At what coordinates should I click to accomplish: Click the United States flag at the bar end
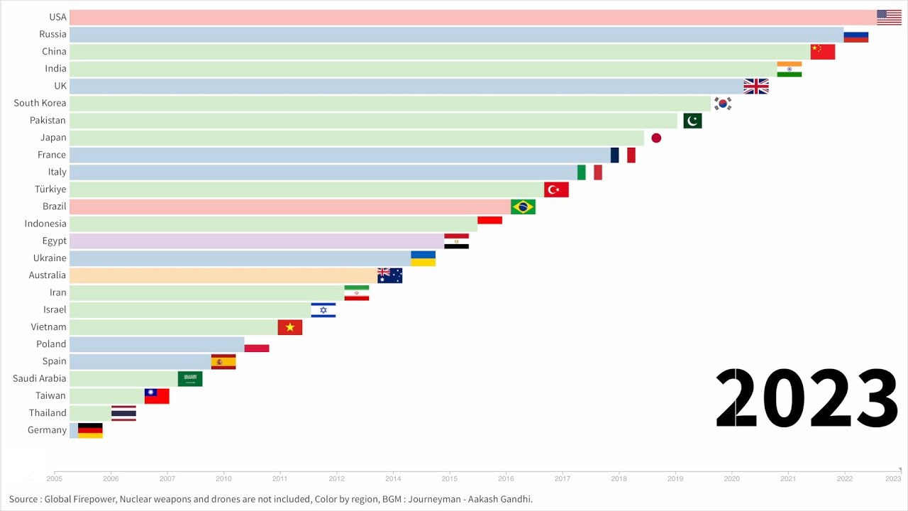point(889,17)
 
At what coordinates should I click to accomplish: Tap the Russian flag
point(856,35)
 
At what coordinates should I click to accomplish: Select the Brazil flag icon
point(523,207)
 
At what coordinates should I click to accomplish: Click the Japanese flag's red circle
point(656,138)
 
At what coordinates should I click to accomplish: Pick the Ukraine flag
point(423,258)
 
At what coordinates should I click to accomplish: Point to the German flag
point(90,430)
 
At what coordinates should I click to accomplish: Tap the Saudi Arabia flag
point(190,379)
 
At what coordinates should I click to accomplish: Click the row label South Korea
point(40,103)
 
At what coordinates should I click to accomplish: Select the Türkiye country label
point(50,189)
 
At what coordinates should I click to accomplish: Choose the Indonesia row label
point(45,224)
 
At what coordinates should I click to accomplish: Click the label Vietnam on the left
point(48,327)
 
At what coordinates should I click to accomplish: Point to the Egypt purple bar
point(256,241)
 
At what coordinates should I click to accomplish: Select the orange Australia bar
point(223,275)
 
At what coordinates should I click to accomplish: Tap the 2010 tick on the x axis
point(223,479)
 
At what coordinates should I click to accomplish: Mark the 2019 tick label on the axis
point(675,479)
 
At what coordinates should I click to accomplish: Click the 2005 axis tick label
point(55,479)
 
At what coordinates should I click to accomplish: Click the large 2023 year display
point(807,399)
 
